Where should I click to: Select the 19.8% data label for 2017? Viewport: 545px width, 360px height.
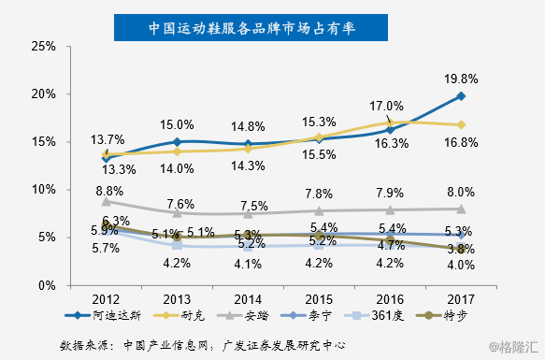pyautogui.click(x=461, y=78)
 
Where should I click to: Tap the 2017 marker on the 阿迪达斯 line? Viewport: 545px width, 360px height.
pyautogui.click(x=462, y=96)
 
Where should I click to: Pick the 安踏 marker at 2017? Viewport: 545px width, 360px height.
pyautogui.click(x=462, y=209)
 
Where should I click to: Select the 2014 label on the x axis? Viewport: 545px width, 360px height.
pyautogui.click(x=248, y=299)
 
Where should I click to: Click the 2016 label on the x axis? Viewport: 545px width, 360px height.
pyautogui.click(x=390, y=299)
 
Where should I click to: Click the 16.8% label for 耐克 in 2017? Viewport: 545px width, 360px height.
pyautogui.click(x=461, y=141)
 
